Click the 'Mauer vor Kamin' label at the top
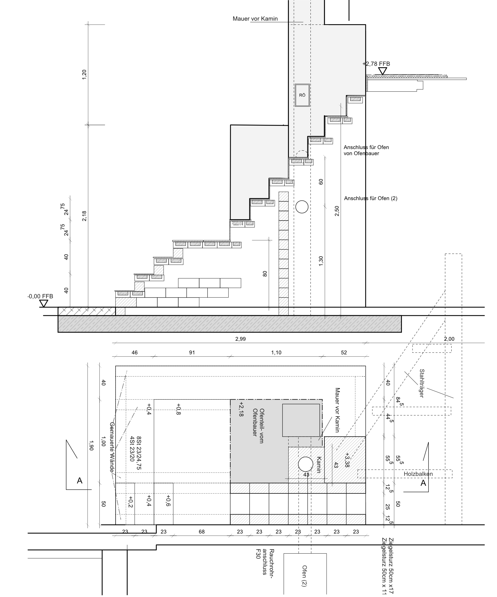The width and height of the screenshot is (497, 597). pos(255,19)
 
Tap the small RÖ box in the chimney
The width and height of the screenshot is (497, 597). pos(302,95)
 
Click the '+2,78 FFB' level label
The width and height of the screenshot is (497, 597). pos(376,64)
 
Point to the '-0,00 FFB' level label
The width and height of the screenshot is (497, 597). pos(40,296)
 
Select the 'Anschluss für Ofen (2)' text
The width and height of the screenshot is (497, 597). pos(370,198)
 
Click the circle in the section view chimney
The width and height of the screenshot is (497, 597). pos(302,207)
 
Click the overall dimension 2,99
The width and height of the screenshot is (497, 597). pos(241,339)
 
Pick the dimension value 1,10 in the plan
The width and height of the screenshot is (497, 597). pos(276,353)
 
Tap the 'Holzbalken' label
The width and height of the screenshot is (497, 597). pos(418,474)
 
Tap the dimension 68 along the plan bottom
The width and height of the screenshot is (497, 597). pos(201,532)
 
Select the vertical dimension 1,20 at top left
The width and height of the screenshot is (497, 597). pos(84,75)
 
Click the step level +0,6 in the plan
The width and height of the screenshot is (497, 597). pos(168,501)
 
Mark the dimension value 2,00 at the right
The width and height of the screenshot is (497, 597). pos(449,339)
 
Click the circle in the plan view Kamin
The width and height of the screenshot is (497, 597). pos(305,464)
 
